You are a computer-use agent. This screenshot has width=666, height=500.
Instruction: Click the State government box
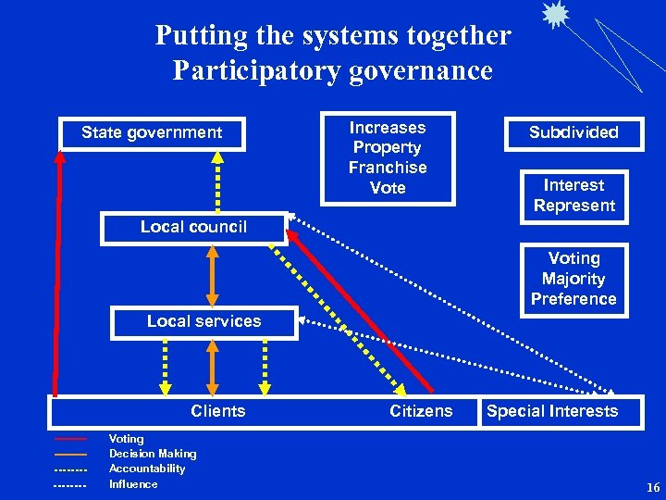[x=152, y=133]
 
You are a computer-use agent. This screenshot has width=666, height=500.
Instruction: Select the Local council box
[x=193, y=228]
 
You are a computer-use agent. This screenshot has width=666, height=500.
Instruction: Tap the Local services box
[x=204, y=322]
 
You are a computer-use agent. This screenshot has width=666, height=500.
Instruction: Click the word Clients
[x=218, y=411]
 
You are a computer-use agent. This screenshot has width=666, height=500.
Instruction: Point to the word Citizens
[x=421, y=411]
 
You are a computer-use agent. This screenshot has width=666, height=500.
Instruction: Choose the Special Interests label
[x=552, y=411]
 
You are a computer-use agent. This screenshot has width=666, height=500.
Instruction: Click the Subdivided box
[x=573, y=132]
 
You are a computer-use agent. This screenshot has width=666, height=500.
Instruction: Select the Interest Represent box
[x=573, y=195]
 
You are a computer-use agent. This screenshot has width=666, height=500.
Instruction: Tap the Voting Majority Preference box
[x=573, y=279]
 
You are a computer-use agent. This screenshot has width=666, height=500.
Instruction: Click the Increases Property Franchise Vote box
[x=388, y=157]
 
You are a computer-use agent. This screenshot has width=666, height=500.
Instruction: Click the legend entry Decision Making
[x=153, y=454]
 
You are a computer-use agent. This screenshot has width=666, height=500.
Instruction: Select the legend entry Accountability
[x=147, y=469]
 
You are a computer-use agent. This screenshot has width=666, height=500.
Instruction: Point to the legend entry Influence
[x=133, y=483]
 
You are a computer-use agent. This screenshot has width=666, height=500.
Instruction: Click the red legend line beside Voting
[x=70, y=439]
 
